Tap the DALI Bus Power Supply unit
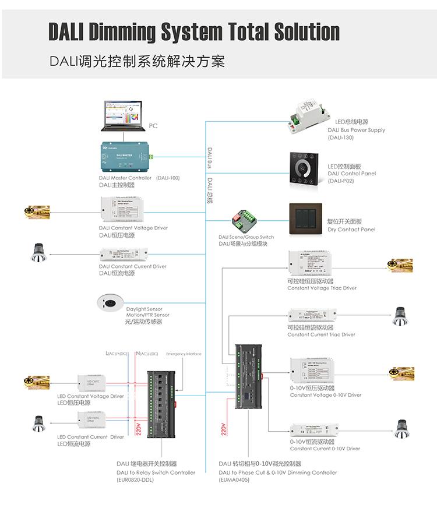(x=311, y=114)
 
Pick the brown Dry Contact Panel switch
(x=305, y=220)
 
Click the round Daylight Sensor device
(x=110, y=303)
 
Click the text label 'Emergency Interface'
(x=184, y=354)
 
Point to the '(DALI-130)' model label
(x=341, y=137)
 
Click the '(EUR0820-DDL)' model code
(x=135, y=480)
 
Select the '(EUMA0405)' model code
(x=234, y=480)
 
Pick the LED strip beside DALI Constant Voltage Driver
(x=37, y=211)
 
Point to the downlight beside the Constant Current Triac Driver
(x=400, y=316)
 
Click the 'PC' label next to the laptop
(x=153, y=125)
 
